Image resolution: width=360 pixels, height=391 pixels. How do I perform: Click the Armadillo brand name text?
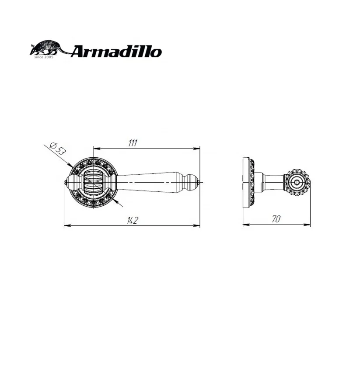click(116, 51)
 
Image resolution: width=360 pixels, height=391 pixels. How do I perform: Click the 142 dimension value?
click(132, 221)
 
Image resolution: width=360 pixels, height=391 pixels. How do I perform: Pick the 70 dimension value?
click(276, 219)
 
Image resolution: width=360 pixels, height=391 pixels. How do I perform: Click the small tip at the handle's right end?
click(198, 182)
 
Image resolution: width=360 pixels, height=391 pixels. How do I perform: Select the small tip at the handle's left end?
click(66, 182)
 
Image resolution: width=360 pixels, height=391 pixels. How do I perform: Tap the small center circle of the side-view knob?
click(298, 181)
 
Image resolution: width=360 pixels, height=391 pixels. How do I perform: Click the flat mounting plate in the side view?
click(245, 181)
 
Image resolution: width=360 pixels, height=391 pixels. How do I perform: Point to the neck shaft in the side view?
click(273, 181)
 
